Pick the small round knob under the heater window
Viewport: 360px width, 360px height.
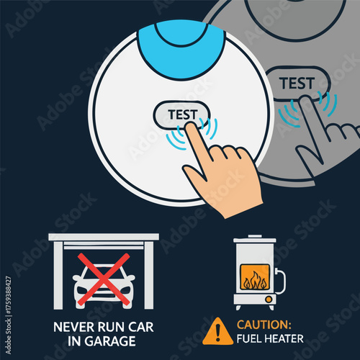(x=269, y=298)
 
